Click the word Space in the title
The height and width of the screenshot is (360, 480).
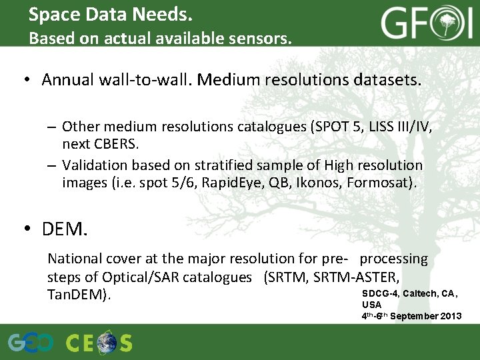pos(53,14)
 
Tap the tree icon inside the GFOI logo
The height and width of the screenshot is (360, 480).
pos(451,25)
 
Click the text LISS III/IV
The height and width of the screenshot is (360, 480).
pos(394,127)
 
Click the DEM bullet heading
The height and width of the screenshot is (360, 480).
pos(64,230)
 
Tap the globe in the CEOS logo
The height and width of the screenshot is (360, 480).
pos(106,343)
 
